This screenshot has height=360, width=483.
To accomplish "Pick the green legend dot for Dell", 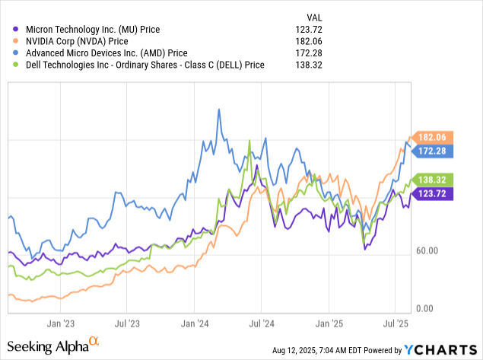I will (x=17, y=65).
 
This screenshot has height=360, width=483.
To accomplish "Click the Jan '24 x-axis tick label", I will (x=194, y=323).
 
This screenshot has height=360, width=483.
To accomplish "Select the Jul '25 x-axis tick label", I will (x=396, y=323).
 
